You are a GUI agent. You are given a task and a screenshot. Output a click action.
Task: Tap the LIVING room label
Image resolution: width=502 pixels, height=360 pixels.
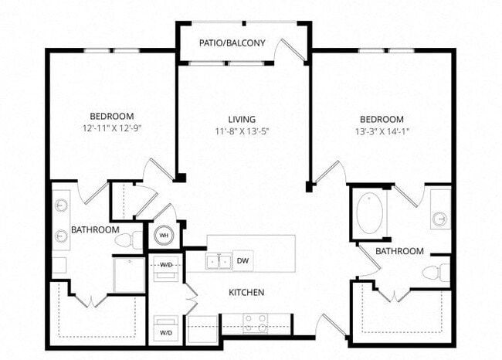(x=242, y=119)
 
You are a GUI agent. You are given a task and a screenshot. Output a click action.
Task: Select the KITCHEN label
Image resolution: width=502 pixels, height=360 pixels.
(x=246, y=293)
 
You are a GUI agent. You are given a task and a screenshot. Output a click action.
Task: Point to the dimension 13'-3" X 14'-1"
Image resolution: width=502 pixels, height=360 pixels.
(x=382, y=131)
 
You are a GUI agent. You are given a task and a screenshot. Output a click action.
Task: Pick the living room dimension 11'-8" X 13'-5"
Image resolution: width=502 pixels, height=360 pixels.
(x=242, y=131)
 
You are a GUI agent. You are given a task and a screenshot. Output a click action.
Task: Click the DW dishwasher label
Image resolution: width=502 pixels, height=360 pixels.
(x=242, y=260)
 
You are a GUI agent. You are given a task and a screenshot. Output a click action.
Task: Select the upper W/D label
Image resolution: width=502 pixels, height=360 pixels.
(x=166, y=265)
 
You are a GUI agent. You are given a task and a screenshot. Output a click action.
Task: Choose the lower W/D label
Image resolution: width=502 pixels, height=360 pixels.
(x=166, y=332)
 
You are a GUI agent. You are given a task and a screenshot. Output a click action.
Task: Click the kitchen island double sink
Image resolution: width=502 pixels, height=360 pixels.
(x=219, y=261)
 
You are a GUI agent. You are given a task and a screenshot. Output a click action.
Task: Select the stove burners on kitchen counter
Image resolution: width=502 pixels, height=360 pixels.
(x=256, y=318)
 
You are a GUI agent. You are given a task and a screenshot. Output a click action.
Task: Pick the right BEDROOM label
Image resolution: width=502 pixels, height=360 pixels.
(x=382, y=119)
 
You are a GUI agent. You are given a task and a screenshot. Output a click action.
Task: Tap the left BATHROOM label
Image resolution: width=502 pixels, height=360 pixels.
(x=95, y=230)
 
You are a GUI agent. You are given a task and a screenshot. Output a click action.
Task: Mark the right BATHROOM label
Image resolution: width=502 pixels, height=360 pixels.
(x=399, y=251)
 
